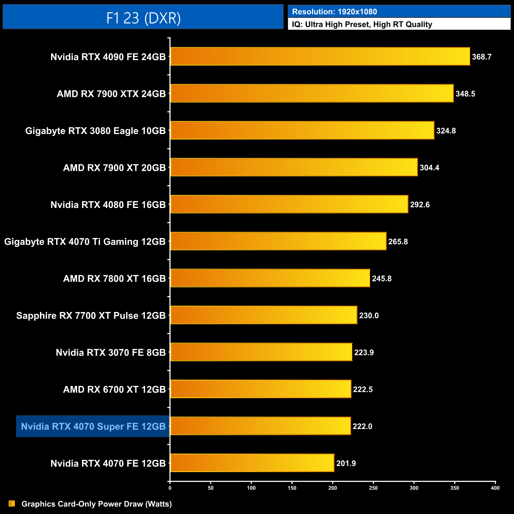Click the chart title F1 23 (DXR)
tap(143, 18)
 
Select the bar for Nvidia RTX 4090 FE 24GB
tap(320, 57)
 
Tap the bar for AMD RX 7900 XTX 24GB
tap(312, 93)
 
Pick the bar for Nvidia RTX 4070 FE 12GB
tap(252, 463)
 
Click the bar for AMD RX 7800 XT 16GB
tap(270, 278)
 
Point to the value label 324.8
tap(446, 131)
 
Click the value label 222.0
tap(362, 426)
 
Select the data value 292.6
tap(420, 205)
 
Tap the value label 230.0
tap(369, 316)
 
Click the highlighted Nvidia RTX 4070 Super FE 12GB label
tap(93, 426)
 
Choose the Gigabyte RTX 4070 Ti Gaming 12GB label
tap(85, 242)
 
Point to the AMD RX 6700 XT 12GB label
tap(114, 389)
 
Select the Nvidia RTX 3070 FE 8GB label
tap(111, 352)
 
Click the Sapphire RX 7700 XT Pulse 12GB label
tap(91, 316)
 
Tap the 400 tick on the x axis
tap(495, 488)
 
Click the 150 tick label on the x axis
tap(292, 488)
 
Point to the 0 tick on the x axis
tap(170, 488)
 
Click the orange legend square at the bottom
tap(12, 504)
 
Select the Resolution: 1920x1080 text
tap(334, 12)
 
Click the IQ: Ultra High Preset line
tap(362, 25)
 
